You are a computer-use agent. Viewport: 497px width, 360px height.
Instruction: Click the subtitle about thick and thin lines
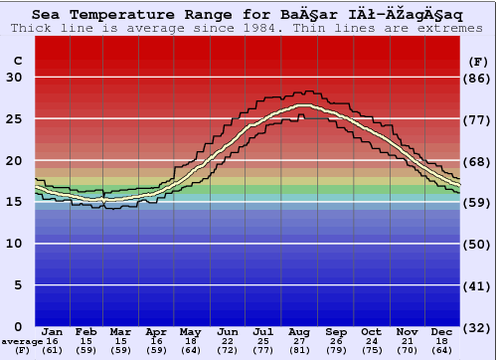click(248, 28)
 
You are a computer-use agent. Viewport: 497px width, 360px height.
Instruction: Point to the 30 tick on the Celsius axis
click(14, 78)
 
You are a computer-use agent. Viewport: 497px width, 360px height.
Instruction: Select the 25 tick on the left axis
click(14, 119)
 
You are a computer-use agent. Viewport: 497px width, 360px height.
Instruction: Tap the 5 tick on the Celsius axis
click(18, 285)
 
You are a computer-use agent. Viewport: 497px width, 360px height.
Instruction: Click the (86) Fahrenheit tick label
click(478, 78)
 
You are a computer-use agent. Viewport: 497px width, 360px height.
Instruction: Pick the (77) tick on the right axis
click(478, 119)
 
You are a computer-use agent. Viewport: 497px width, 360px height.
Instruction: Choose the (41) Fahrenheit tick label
click(478, 285)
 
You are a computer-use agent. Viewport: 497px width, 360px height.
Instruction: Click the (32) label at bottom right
click(478, 327)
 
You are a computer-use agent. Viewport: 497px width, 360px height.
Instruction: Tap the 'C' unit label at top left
click(17, 61)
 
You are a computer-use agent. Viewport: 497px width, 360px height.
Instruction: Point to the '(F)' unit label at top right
click(478, 61)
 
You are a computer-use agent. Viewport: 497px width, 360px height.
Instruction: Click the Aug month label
click(299, 331)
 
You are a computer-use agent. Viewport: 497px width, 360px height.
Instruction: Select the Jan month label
click(53, 331)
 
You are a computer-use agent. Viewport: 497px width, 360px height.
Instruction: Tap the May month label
click(190, 331)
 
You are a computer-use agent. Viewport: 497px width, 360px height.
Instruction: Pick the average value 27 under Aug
click(299, 341)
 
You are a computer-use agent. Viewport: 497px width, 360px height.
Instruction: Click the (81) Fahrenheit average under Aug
click(299, 350)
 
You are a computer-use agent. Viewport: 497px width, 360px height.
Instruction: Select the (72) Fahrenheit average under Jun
click(227, 350)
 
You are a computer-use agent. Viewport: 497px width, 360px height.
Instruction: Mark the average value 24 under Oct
click(371, 341)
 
